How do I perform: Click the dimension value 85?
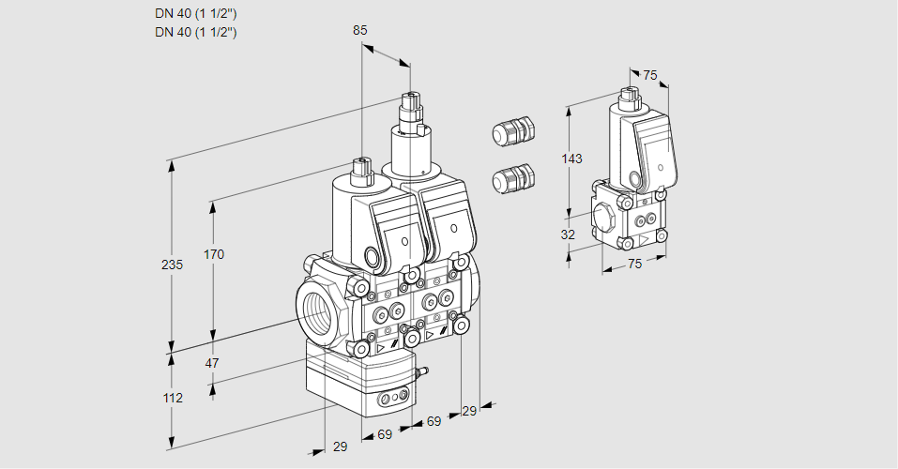pyautogui.click(x=360, y=31)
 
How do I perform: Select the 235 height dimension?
pyautogui.click(x=172, y=265)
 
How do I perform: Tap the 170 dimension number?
pyautogui.click(x=214, y=254)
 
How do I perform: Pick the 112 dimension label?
pyautogui.click(x=172, y=398)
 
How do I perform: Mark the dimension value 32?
pyautogui.click(x=568, y=234)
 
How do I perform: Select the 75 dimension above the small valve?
pyautogui.click(x=649, y=76)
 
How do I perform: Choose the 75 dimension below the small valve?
pyautogui.click(x=634, y=265)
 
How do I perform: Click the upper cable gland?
pyautogui.click(x=512, y=130)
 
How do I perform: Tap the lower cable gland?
pyautogui.click(x=512, y=177)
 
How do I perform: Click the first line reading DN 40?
pyautogui.click(x=195, y=14)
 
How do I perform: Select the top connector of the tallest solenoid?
pyautogui.click(x=409, y=100)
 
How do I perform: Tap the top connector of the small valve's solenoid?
pyautogui.click(x=629, y=94)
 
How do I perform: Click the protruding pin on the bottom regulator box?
pyautogui.click(x=421, y=372)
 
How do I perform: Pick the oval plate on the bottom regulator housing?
pyautogui.click(x=391, y=401)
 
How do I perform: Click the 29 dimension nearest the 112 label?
pyautogui.click(x=340, y=447)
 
